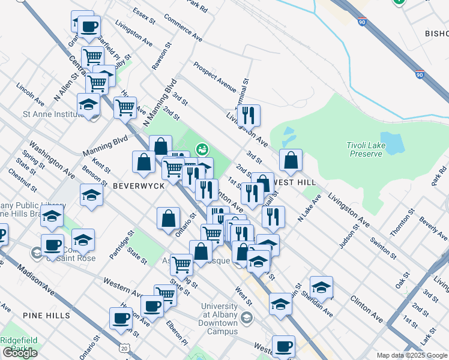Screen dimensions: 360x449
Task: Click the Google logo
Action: click(x=20, y=353)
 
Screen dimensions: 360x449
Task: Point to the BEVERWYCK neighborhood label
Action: click(x=139, y=187)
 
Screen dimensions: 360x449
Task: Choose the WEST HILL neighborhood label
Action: click(x=296, y=181)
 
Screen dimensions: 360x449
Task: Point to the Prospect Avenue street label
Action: click(x=214, y=76)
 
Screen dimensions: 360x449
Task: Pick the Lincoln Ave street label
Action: click(x=31, y=92)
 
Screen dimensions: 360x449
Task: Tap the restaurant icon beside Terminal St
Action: click(x=248, y=115)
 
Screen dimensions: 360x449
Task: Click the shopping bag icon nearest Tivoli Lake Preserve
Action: click(x=291, y=160)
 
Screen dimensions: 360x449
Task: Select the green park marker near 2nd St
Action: click(x=202, y=148)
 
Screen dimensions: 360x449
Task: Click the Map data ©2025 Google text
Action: click(x=411, y=355)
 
